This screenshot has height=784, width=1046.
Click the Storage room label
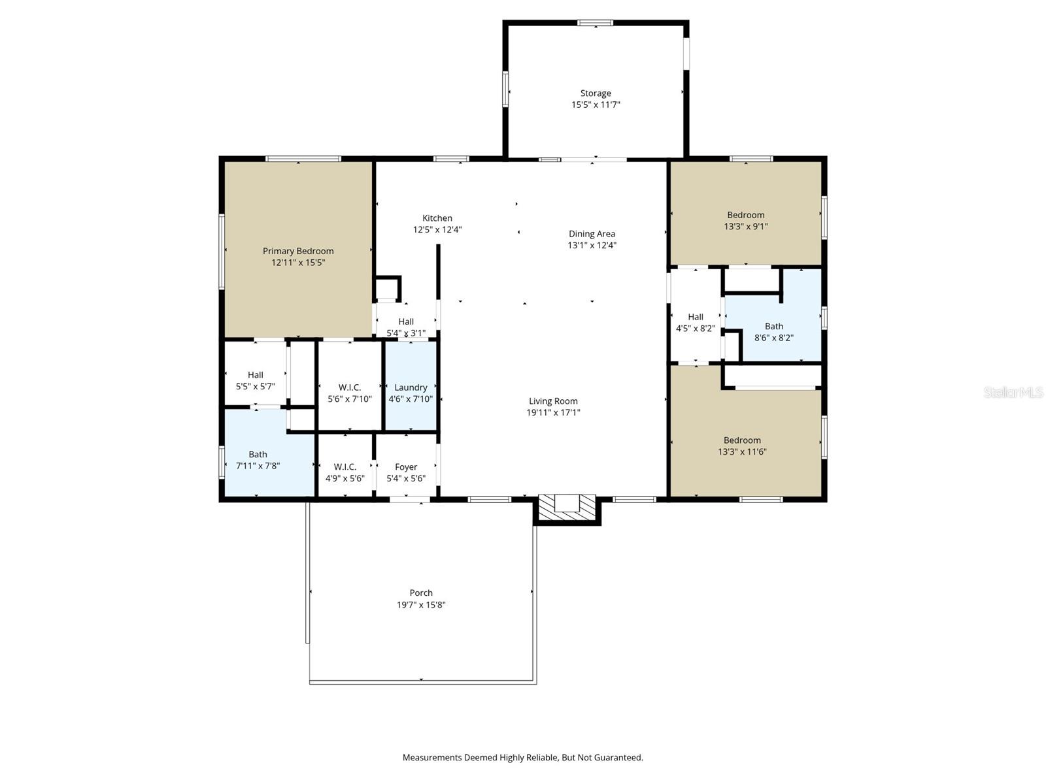point(596,93)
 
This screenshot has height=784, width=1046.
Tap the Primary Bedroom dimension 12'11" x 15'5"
point(298,263)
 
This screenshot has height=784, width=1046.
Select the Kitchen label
point(437,218)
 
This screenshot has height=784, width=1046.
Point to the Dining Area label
point(592,234)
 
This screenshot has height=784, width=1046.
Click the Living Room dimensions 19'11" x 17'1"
point(553,413)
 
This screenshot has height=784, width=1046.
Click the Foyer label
point(406,467)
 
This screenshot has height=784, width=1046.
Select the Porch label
point(421,593)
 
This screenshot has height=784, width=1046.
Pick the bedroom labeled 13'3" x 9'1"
point(745,221)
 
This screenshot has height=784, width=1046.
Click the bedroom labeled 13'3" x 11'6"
point(742,446)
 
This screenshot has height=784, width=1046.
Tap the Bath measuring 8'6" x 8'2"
point(774,332)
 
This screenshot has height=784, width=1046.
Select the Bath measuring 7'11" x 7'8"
point(258,460)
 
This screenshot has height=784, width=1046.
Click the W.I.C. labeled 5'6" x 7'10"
point(350,393)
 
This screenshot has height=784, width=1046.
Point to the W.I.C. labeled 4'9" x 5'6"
point(345,472)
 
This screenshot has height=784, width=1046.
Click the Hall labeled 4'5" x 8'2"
point(695,322)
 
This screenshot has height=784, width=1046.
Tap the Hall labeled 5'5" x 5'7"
point(255,380)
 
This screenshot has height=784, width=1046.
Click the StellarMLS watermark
point(1013,392)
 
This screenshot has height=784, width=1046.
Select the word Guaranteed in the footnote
point(617,758)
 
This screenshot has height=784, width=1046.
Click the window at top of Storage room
point(595,23)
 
